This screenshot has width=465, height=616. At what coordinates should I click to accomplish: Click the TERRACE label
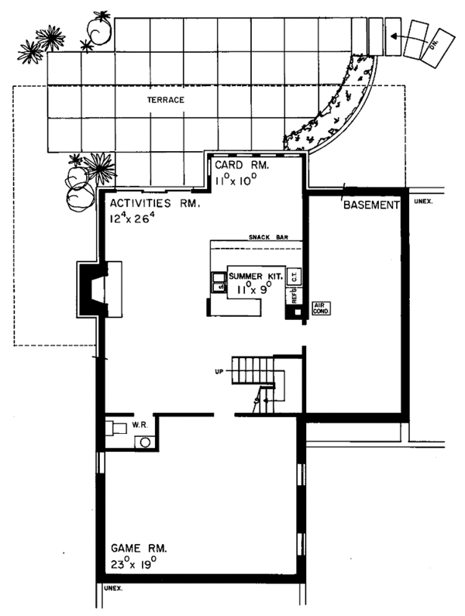click(x=167, y=100)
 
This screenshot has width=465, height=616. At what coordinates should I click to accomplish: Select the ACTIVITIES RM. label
click(x=155, y=204)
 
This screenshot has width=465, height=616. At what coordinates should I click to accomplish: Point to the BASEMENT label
click(x=370, y=205)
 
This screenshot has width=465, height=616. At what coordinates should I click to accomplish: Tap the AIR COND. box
click(x=321, y=308)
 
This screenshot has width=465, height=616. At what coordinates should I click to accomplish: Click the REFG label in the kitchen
click(x=294, y=295)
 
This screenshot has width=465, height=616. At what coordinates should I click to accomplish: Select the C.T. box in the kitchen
click(x=294, y=277)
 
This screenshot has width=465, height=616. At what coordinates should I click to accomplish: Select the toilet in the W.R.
click(x=116, y=428)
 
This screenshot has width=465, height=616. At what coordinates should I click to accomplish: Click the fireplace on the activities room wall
click(x=97, y=289)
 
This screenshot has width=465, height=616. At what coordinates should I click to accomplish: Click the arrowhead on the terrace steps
click(x=392, y=35)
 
